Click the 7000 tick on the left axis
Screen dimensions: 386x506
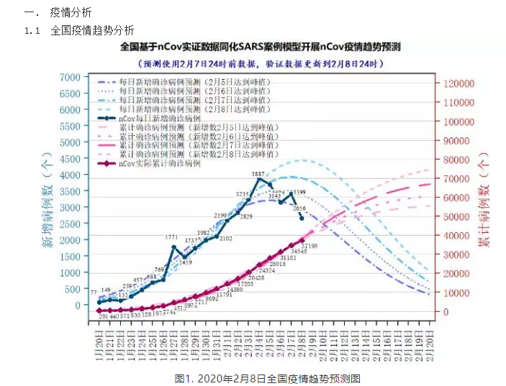pos(69,78)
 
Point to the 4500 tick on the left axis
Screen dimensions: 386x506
pos(69,159)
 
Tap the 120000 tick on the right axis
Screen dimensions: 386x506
pos(460,83)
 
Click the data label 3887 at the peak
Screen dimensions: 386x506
pos(258,175)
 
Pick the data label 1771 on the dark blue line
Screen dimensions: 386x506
pos(171,237)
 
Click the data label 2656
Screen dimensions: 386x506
pos(299,208)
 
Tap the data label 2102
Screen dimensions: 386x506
pos(225,238)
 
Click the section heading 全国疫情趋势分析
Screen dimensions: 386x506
pos(91,30)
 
